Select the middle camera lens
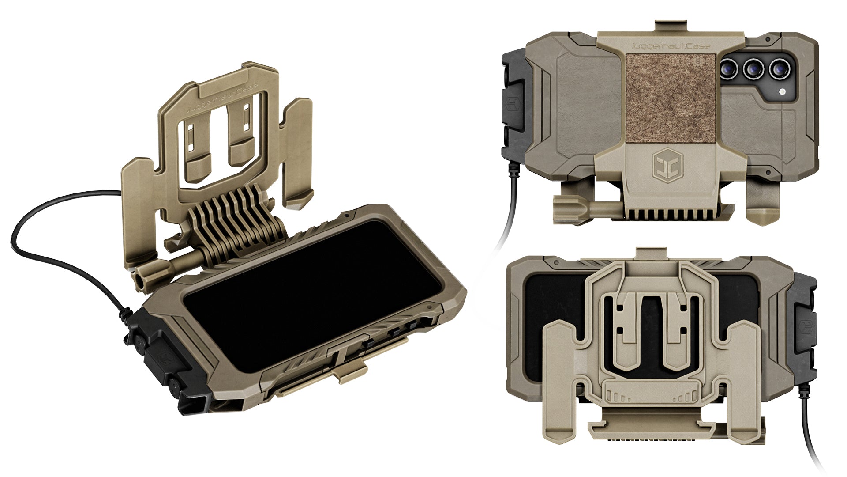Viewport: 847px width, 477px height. coord(754,69)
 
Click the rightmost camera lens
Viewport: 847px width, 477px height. coord(779,69)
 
